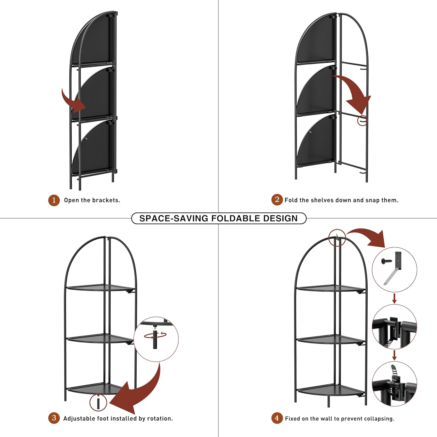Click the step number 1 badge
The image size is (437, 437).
pyautogui.click(x=54, y=200)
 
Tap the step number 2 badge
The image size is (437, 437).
pyautogui.click(x=277, y=200)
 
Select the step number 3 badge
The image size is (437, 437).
pyautogui.click(x=54, y=418)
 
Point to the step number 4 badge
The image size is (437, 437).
pyautogui.click(x=277, y=418)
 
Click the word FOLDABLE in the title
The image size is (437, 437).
pyautogui.click(x=236, y=218)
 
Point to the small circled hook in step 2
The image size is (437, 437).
pyautogui.click(x=362, y=120)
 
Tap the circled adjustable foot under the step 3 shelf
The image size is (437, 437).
pyautogui.click(x=98, y=403)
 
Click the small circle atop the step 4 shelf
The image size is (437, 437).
pyautogui.click(x=337, y=238)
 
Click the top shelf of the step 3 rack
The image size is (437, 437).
pyautogui.click(x=99, y=288)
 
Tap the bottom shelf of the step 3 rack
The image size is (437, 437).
pyautogui.click(x=96, y=388)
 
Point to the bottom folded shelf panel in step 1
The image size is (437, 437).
pyautogui.click(x=93, y=149)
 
